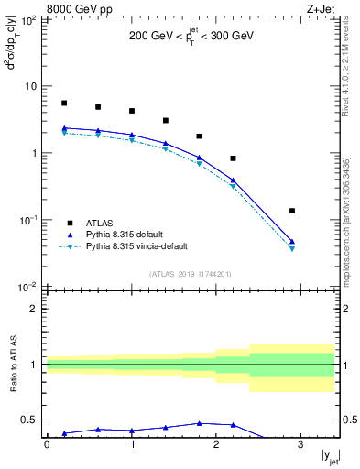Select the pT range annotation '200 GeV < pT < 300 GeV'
click(x=192, y=39)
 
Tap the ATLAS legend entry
click(x=102, y=223)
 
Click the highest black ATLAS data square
click(x=64, y=104)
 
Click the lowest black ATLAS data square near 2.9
click(x=292, y=211)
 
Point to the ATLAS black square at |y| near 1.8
click(x=199, y=136)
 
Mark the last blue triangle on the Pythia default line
click(x=292, y=242)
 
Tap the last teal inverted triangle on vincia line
click(x=292, y=249)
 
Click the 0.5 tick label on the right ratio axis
click(x=347, y=420)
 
